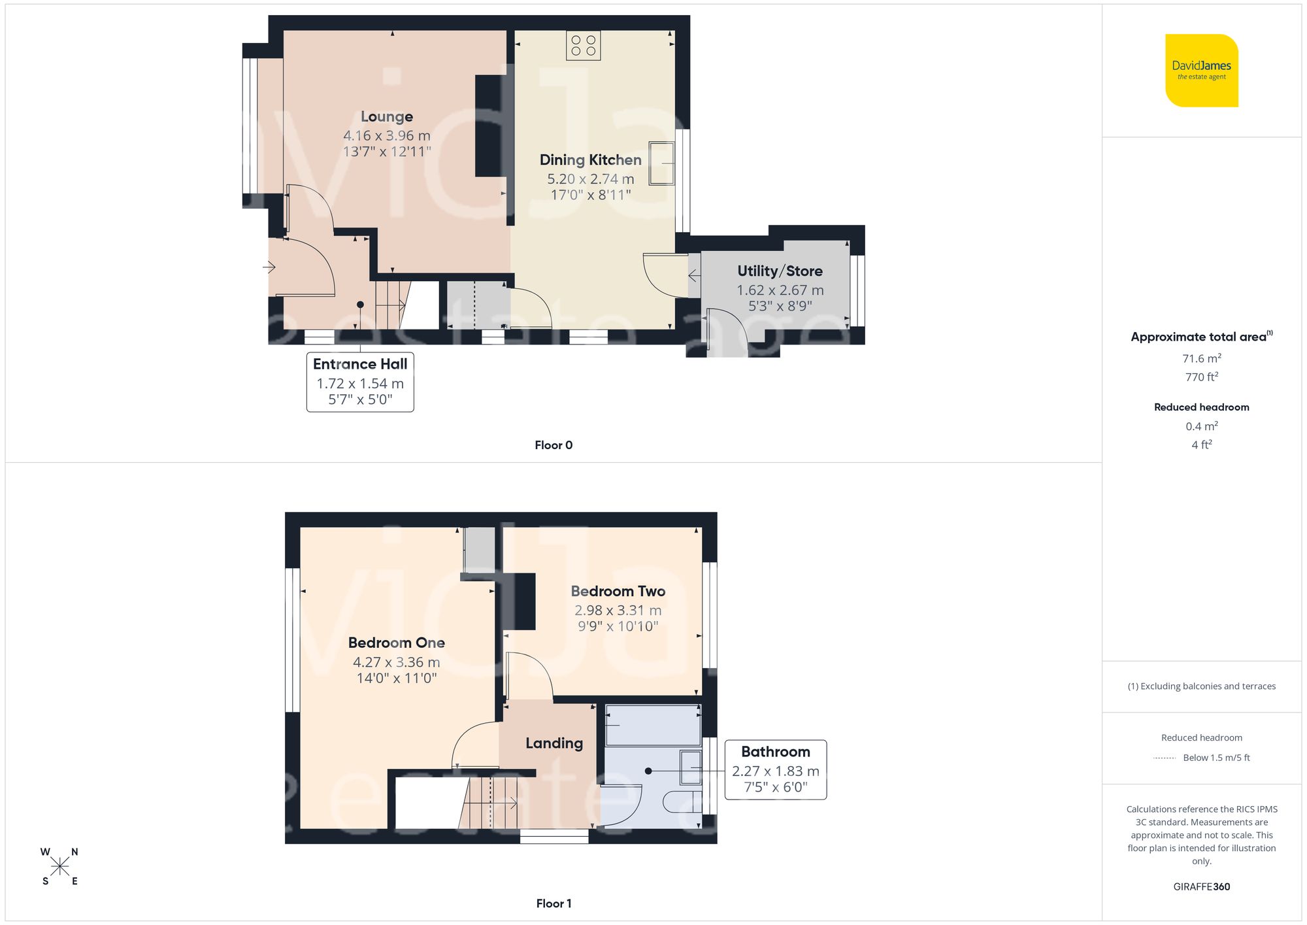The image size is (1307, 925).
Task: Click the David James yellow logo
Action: (x=1201, y=71)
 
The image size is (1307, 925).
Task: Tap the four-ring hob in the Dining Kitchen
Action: (x=583, y=46)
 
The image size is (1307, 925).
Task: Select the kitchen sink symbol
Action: (x=661, y=163)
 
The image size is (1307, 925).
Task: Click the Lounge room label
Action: (x=387, y=117)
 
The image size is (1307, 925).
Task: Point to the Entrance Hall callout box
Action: (x=360, y=382)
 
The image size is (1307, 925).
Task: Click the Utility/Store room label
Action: (x=780, y=271)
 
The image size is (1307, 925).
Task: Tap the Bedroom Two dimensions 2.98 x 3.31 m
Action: (x=618, y=611)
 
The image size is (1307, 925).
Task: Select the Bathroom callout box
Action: (x=776, y=769)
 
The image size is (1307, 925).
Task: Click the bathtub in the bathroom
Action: (x=652, y=725)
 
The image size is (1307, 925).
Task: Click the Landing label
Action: (x=554, y=743)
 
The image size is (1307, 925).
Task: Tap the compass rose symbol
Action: (x=59, y=867)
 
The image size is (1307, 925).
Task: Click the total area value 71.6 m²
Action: (x=1201, y=359)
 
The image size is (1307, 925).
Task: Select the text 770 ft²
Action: (x=1201, y=377)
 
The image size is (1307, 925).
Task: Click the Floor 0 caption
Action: (x=554, y=445)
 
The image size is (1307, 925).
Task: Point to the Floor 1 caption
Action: (x=554, y=903)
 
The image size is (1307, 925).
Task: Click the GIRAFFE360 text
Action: (x=1201, y=887)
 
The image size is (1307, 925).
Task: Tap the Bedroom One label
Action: (x=396, y=643)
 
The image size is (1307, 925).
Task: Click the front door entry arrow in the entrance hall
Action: (x=269, y=267)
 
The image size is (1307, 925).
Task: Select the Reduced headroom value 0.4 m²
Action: (x=1201, y=426)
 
